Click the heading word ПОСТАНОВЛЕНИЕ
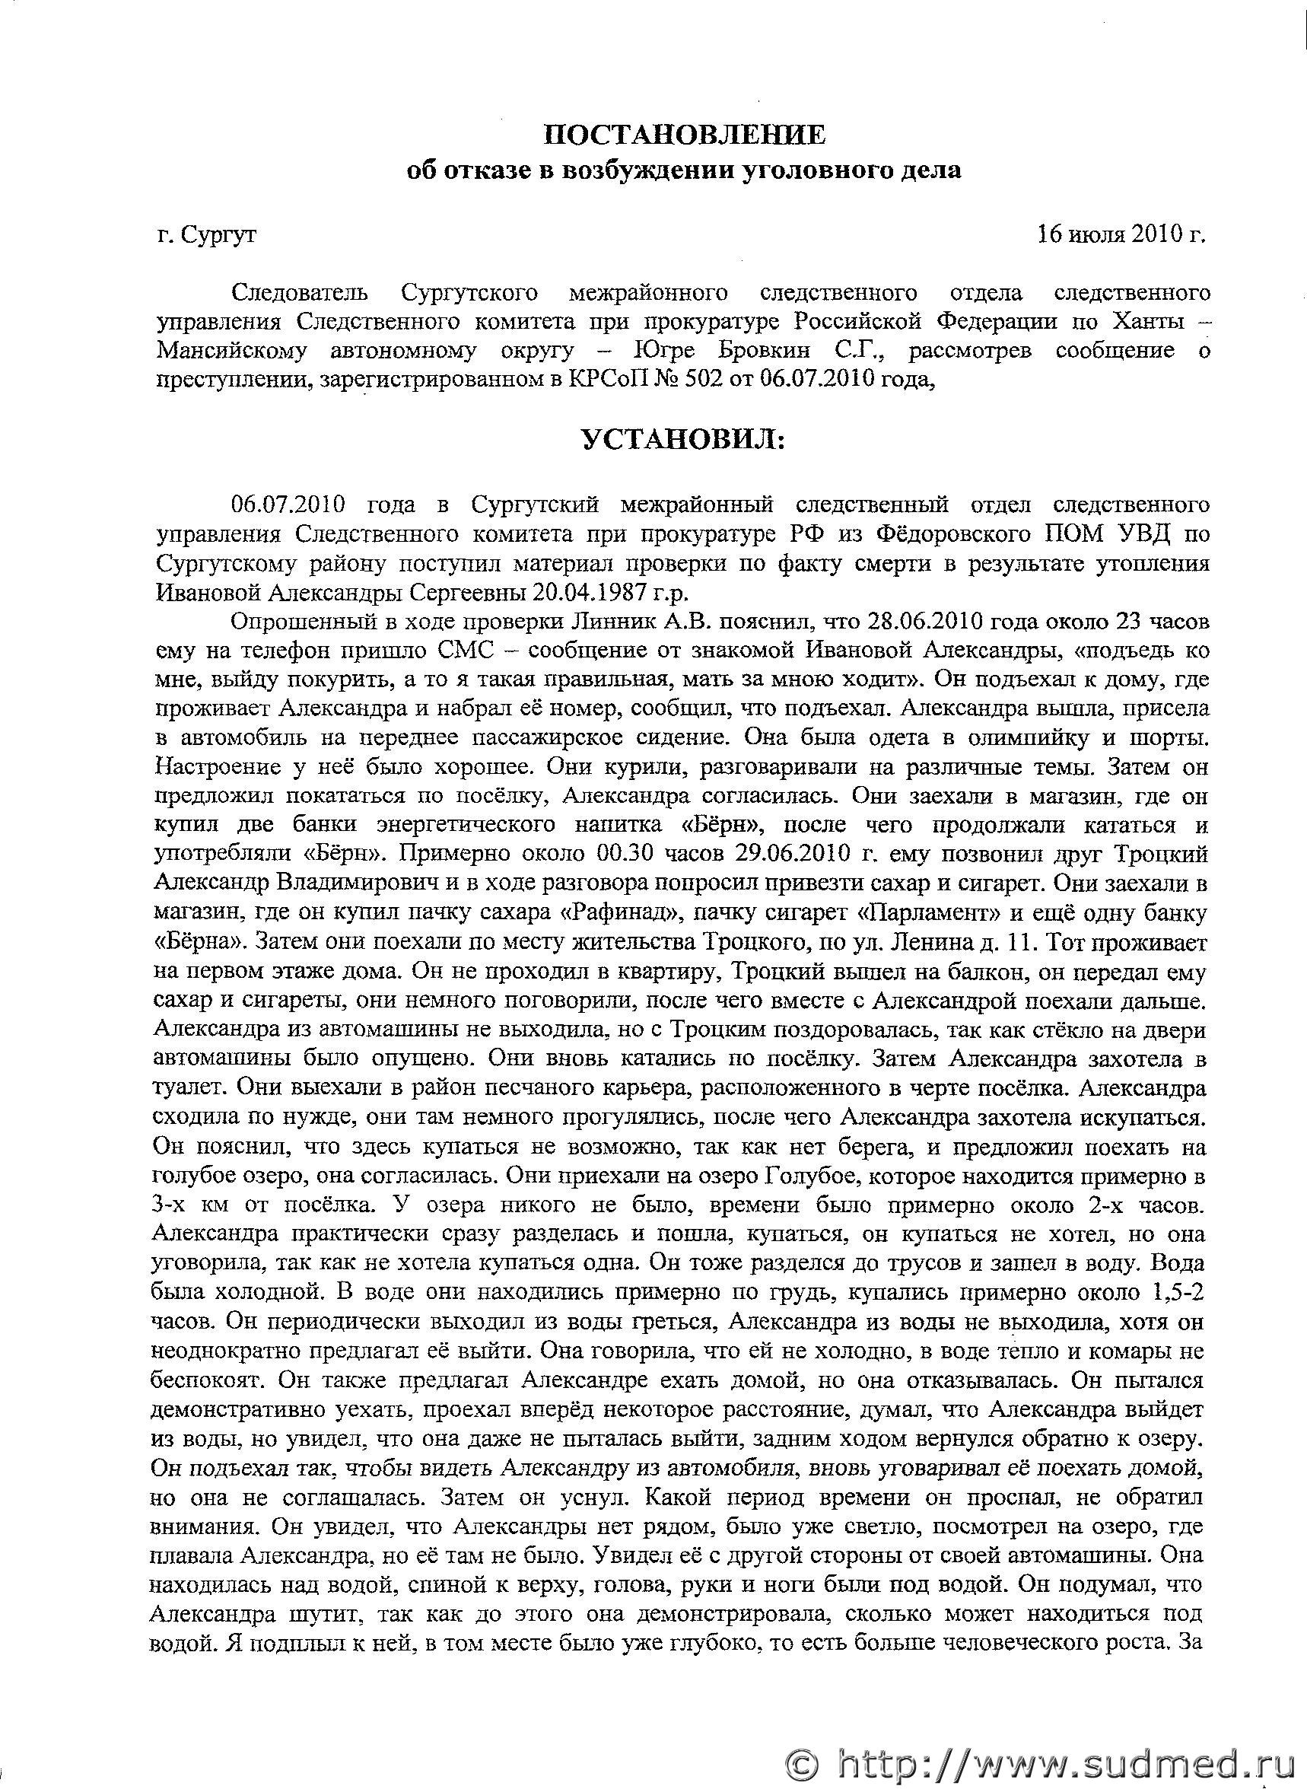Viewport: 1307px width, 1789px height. [x=685, y=135]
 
